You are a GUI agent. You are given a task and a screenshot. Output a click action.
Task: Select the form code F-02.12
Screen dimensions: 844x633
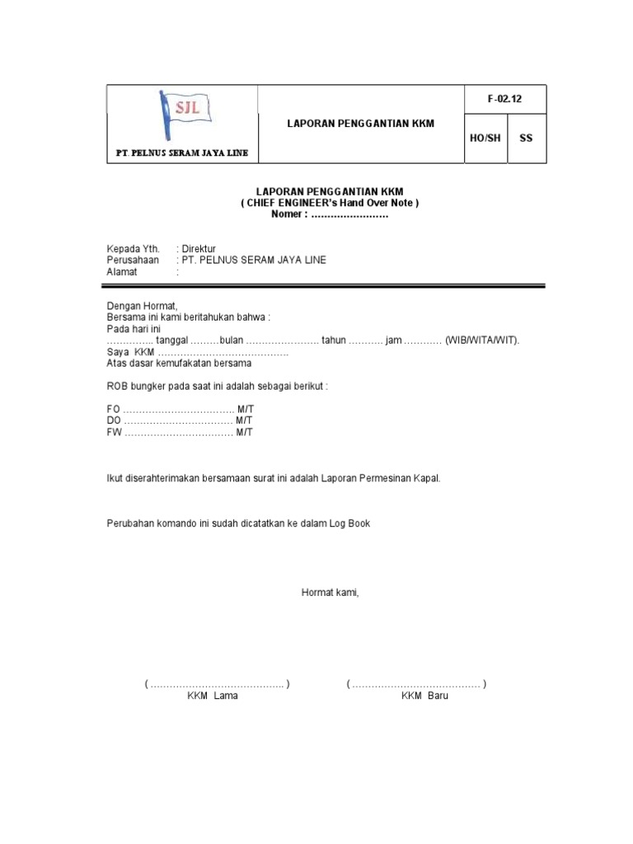coord(504,99)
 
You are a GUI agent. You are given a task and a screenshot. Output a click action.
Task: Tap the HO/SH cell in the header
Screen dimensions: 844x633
coord(485,138)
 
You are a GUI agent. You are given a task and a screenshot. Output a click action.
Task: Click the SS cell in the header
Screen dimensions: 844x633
coord(526,138)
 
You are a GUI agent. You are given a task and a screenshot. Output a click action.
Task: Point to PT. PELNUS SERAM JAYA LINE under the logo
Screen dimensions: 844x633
coord(182,153)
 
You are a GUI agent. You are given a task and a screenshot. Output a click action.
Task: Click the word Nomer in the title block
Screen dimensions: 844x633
coord(288,214)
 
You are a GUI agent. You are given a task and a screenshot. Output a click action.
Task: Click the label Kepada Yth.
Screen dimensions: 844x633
coord(133,248)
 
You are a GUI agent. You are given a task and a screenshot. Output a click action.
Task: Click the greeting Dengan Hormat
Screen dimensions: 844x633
coord(143,306)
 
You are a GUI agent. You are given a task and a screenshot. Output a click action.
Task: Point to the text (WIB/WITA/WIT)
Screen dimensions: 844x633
coord(483,340)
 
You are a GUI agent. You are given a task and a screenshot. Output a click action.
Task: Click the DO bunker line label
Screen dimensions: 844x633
coord(114,421)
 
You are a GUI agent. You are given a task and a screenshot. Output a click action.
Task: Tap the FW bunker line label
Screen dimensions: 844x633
coord(114,433)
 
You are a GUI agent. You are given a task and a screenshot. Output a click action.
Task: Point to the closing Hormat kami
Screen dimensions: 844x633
coord(331,592)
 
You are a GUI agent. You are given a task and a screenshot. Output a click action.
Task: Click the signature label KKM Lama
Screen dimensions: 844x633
coord(213,696)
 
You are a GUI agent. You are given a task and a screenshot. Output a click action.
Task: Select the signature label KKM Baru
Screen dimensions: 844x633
coord(424,696)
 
